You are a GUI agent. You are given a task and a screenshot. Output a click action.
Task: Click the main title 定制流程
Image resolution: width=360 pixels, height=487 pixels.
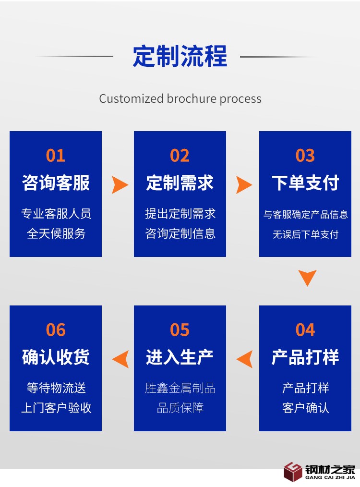pyautogui.click(x=180, y=57)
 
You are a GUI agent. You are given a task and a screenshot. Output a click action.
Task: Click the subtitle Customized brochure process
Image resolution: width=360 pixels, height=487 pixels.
pyautogui.click(x=180, y=99)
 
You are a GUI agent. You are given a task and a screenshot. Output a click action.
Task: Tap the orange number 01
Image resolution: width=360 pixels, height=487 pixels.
pyautogui.click(x=56, y=156)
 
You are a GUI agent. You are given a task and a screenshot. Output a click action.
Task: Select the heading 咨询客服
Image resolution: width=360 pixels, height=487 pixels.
pyautogui.click(x=56, y=183)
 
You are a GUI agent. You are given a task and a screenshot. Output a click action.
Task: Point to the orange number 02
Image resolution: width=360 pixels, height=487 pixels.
pyautogui.click(x=180, y=156)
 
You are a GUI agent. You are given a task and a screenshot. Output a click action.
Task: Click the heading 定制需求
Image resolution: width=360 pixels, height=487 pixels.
pyautogui.click(x=180, y=183)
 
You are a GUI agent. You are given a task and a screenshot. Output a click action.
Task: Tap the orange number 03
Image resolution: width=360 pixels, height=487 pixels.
pyautogui.click(x=305, y=156)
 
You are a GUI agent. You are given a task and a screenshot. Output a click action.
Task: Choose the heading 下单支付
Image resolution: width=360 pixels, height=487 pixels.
pyautogui.click(x=305, y=183)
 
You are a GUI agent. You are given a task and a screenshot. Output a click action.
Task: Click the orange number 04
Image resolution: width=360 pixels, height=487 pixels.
pyautogui.click(x=305, y=330)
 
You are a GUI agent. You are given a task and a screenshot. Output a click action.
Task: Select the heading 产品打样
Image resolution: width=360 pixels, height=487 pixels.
pyautogui.click(x=305, y=357)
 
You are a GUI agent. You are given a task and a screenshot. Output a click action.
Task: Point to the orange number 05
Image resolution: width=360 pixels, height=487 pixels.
pyautogui.click(x=180, y=330)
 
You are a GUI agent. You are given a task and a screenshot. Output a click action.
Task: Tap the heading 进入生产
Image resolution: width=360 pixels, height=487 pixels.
pyautogui.click(x=180, y=357)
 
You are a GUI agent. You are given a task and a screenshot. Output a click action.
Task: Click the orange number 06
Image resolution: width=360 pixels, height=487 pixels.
pyautogui.click(x=56, y=330)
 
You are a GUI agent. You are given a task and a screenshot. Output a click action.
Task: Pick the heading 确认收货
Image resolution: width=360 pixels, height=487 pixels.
pyautogui.click(x=56, y=357)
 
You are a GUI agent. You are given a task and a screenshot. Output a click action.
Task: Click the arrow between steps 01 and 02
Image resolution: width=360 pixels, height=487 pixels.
pyautogui.click(x=120, y=185)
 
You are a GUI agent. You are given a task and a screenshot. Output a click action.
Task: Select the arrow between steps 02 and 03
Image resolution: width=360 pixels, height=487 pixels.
pyautogui.click(x=244, y=185)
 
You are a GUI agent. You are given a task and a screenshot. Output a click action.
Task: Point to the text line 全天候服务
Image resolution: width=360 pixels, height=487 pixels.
pyautogui.click(x=56, y=234)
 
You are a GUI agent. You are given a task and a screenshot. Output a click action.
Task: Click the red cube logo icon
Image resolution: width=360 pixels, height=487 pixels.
pyautogui.click(x=292, y=471)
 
